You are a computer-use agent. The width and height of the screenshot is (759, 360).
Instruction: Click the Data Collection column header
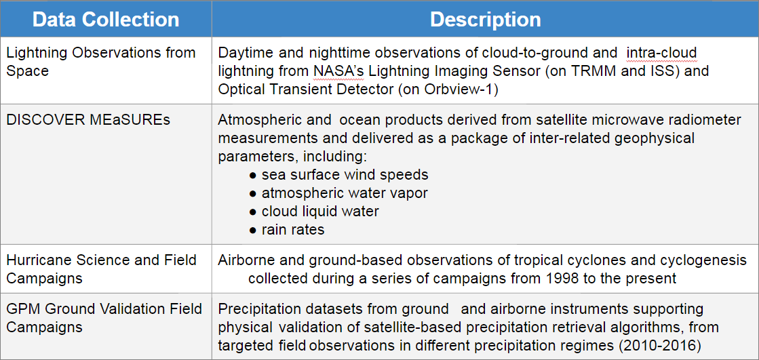point(106,20)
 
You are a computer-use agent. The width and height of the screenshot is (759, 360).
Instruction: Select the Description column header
point(485,20)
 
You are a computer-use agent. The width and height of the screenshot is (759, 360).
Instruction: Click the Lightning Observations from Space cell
point(100,62)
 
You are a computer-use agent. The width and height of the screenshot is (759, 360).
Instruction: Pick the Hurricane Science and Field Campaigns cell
point(102,270)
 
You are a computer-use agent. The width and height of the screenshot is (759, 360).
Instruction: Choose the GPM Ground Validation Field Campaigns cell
point(104,318)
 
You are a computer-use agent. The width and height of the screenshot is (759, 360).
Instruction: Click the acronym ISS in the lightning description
point(665,71)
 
